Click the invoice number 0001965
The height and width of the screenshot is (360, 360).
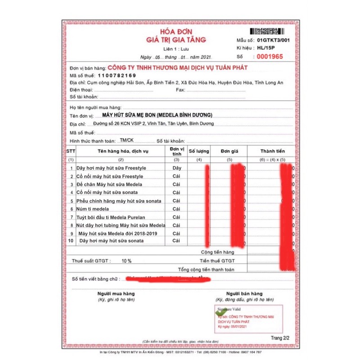point(270,57)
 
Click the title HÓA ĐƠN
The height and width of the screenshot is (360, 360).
point(181,32)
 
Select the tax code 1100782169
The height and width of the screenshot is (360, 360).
point(110,75)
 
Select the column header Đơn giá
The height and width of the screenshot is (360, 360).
point(229,151)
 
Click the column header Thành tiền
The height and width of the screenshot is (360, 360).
point(273,151)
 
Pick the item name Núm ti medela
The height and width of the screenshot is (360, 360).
point(93,209)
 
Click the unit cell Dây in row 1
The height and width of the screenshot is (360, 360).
point(176,168)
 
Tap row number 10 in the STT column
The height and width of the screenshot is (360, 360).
point(71,241)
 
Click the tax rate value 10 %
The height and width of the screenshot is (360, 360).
point(126,261)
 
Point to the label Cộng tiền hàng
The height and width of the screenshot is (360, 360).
point(217,252)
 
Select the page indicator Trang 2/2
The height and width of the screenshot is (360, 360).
point(280,337)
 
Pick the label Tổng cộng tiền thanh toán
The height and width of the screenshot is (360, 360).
point(206,269)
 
